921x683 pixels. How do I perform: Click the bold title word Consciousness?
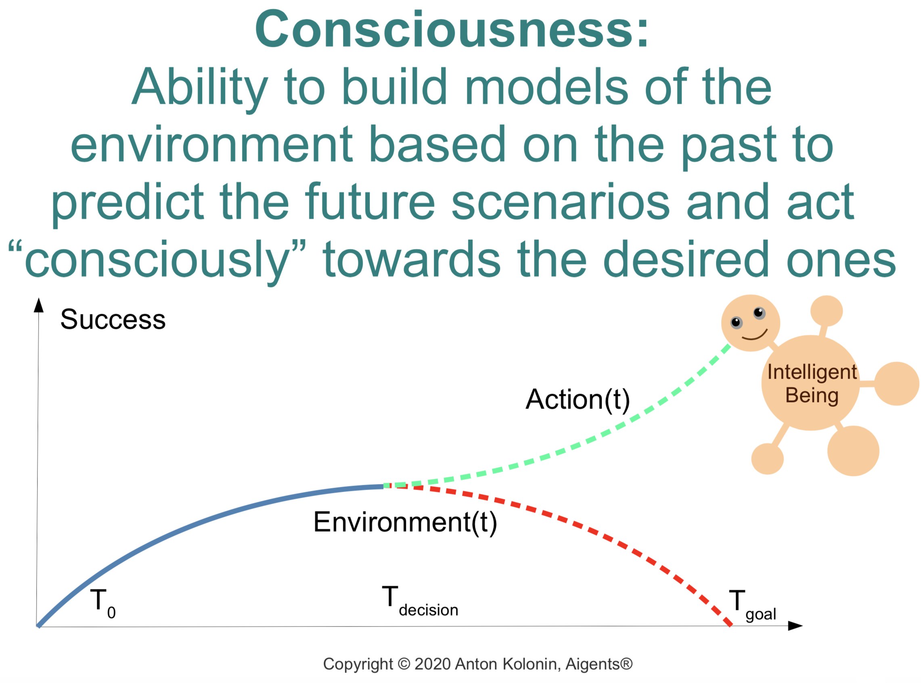point(451,30)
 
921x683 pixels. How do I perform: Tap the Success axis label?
point(113,319)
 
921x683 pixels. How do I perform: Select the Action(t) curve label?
point(578,400)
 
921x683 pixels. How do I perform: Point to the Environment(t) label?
point(405,522)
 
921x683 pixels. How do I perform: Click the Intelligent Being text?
point(812,383)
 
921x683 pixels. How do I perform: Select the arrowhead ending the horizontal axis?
point(795,626)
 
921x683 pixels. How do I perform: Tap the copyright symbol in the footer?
point(404,664)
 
